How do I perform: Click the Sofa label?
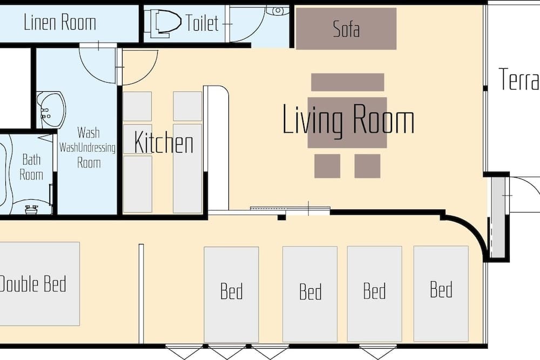coord(346,29)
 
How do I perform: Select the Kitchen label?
coord(164,143)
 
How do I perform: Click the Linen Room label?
coord(60,23)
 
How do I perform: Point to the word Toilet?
coord(202,23)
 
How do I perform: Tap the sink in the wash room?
coord(50,110)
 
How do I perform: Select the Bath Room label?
coord(31,167)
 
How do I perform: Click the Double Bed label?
coord(33,283)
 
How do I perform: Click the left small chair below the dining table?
coord(327,166)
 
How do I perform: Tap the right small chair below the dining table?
coord(367,166)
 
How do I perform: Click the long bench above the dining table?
coord(348,82)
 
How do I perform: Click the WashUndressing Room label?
coord(88,147)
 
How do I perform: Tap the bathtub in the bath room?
coord(5,173)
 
